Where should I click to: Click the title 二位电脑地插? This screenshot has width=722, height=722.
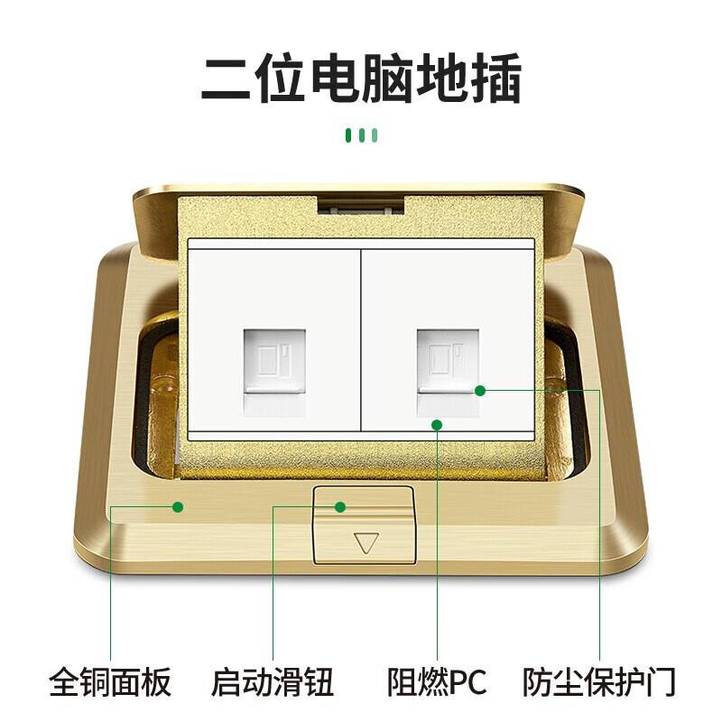(361, 78)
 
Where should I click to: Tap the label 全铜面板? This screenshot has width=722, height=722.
(110, 682)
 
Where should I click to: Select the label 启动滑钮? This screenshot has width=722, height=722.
(273, 682)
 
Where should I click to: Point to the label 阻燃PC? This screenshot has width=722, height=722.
(437, 682)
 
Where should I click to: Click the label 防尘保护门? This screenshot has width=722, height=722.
(599, 682)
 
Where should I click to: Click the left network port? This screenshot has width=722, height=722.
(274, 372)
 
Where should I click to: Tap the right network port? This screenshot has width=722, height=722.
(448, 372)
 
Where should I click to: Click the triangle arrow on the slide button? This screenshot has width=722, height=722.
(366, 542)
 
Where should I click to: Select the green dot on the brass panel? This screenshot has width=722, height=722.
(178, 507)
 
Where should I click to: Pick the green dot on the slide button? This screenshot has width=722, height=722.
(340, 507)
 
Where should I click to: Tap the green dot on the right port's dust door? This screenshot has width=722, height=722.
(480, 391)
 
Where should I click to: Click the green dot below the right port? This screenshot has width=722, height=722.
(437, 424)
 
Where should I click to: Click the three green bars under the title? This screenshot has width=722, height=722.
(362, 135)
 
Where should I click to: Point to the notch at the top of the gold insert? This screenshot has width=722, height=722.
(361, 206)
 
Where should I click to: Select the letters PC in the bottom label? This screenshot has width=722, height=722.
(467, 682)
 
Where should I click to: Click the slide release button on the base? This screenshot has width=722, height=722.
(365, 525)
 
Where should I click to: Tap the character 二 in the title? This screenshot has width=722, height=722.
(226, 79)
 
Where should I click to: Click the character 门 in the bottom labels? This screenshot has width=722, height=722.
(662, 682)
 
